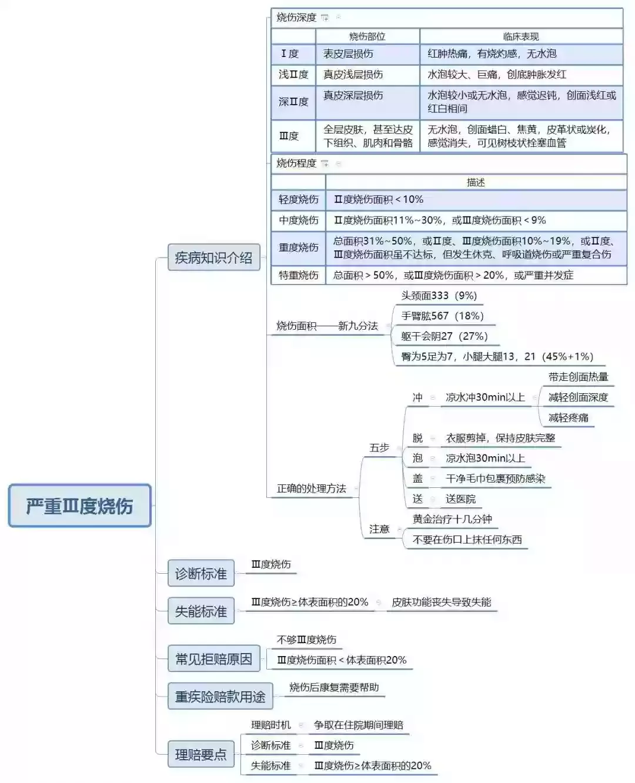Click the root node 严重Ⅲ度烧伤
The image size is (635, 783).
[x=80, y=506]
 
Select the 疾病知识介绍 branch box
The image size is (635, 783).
[x=213, y=257]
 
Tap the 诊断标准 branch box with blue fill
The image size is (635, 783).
[x=200, y=573]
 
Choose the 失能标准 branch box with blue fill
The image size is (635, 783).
[x=200, y=611]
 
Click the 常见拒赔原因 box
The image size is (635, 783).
[x=213, y=658]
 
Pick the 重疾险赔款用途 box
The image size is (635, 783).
[x=220, y=696]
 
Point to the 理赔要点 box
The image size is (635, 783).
[x=200, y=754]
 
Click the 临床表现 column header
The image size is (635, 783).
[x=521, y=36]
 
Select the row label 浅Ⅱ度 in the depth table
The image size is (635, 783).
[x=293, y=75]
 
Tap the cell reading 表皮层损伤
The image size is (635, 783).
[x=348, y=53]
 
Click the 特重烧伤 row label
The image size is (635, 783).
[x=298, y=275]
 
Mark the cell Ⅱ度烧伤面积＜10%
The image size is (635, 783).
[x=378, y=199]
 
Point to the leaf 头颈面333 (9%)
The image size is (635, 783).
[x=439, y=296]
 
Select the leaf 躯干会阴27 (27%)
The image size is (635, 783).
[x=444, y=336]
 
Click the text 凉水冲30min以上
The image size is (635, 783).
[x=485, y=397]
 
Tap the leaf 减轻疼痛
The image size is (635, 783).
[x=568, y=417]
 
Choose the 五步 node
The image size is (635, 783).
[x=379, y=448]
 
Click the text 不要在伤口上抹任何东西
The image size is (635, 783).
[x=467, y=539]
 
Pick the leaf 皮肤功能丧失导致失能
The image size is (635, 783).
[x=441, y=602]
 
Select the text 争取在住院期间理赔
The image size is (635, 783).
[x=359, y=725]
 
